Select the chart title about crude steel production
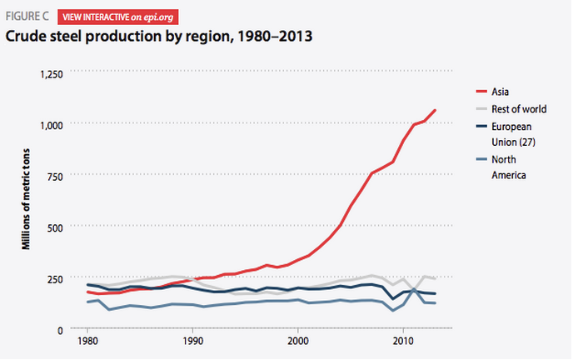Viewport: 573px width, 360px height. tap(158, 37)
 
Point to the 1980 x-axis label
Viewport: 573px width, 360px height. tap(87, 342)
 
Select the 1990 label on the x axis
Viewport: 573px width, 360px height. tap(192, 342)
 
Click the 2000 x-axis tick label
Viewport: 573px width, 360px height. tap(298, 342)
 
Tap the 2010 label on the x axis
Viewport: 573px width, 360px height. tap(403, 342)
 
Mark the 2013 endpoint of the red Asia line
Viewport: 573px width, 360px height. tap(435, 110)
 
